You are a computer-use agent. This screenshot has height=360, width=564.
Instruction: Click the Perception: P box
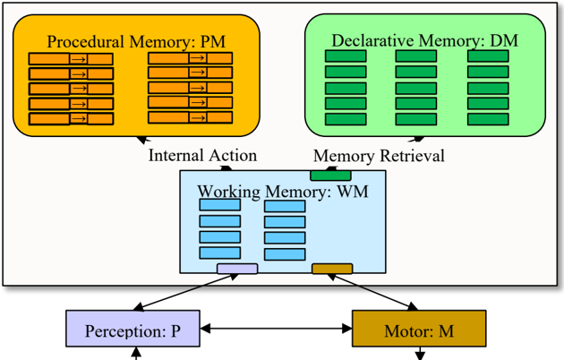132,330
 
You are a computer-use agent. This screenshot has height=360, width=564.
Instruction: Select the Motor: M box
418,330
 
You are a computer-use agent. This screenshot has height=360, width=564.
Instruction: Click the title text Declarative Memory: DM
424,40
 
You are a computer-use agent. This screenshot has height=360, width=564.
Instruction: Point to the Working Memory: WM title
282,191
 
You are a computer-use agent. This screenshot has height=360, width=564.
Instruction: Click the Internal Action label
202,155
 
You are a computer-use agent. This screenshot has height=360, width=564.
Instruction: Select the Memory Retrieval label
378,155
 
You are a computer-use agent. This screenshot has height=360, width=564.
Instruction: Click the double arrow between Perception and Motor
276,330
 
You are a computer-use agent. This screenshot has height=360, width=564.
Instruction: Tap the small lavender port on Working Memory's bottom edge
237,269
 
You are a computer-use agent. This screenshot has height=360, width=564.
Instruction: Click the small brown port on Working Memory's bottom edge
331,269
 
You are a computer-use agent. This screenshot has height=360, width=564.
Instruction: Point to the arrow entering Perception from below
137,354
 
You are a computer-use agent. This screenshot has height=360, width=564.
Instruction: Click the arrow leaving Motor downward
419,353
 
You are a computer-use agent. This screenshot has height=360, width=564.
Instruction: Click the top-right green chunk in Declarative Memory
488,56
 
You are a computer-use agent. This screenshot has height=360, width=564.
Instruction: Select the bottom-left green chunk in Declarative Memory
345,119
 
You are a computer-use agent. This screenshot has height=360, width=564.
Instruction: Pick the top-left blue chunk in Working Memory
219,205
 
